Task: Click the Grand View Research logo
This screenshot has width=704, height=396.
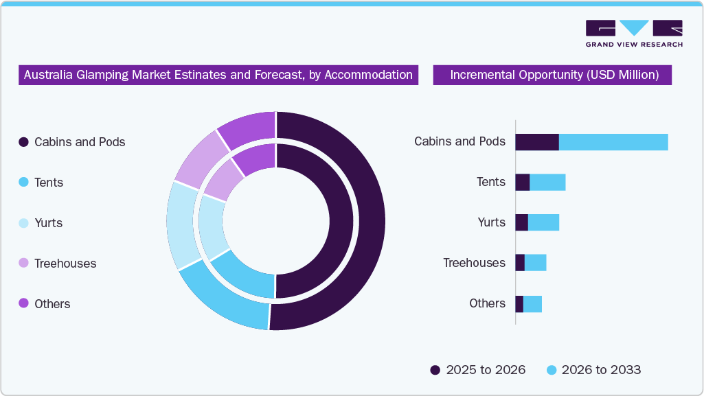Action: (633, 32)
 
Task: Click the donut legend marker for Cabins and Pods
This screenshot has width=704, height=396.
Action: (23, 142)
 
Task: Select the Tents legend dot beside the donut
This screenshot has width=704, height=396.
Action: (23, 183)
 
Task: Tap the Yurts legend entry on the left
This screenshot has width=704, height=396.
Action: (23, 223)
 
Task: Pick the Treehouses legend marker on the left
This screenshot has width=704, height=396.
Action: (23, 264)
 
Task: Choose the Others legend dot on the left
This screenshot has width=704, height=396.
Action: (23, 304)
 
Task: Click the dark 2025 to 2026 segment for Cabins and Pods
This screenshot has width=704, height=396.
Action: (536, 142)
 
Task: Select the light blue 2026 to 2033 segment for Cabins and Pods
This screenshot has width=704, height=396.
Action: (613, 142)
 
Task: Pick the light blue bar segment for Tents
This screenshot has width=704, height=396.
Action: (547, 183)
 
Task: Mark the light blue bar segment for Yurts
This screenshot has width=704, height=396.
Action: (543, 223)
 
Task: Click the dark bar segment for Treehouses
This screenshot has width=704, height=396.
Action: (520, 263)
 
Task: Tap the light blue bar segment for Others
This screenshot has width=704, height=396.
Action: (532, 304)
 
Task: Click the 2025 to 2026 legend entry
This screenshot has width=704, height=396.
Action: (478, 370)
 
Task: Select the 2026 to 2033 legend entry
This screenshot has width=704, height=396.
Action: (593, 370)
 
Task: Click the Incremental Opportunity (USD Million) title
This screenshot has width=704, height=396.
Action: (554, 75)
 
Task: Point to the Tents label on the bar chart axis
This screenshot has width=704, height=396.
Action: (491, 182)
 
